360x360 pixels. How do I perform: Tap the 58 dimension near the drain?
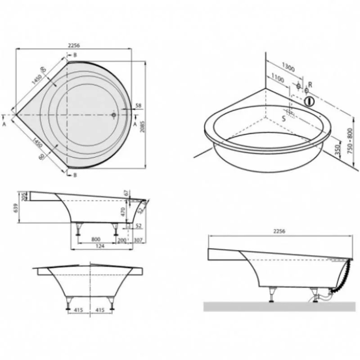(x=138, y=106)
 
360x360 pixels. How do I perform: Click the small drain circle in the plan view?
(x=114, y=115)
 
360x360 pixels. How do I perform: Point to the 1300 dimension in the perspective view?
(x=288, y=68)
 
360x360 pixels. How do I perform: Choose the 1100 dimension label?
(x=278, y=79)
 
